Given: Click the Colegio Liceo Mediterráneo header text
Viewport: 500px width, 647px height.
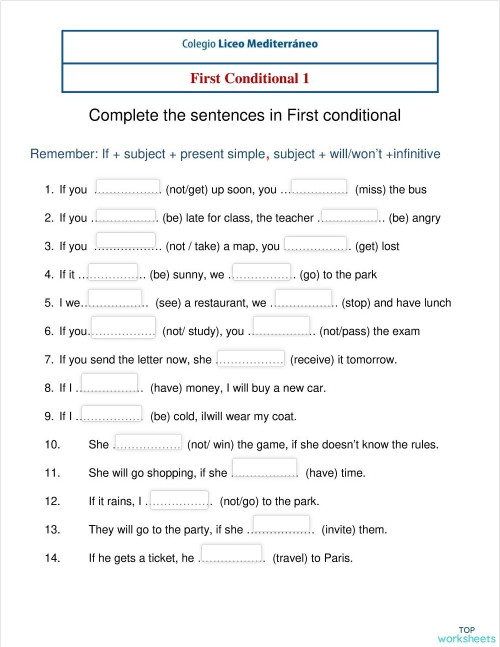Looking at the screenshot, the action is click(x=250, y=45).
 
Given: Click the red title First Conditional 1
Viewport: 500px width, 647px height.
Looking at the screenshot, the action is click(x=250, y=77).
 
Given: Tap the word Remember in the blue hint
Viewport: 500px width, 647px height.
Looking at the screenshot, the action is click(x=62, y=154).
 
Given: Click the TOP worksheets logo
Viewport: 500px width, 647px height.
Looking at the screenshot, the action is click(x=466, y=631).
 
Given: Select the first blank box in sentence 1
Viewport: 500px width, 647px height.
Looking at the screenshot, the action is click(x=126, y=186).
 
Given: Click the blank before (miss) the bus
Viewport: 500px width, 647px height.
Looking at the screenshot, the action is click(x=316, y=186).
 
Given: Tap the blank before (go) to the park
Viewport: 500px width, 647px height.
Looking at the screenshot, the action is click(x=262, y=270).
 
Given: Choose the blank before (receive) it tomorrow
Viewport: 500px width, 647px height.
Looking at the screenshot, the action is click(x=251, y=355).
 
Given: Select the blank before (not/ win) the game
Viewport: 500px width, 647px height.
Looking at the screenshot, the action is click(x=148, y=440).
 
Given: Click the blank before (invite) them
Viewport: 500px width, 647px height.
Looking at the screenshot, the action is click(x=283, y=525).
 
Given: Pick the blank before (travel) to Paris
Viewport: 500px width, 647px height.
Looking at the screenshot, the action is click(x=231, y=554).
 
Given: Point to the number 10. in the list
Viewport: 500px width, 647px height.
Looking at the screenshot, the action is click(x=53, y=445).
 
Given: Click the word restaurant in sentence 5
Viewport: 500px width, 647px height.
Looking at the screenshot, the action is click(x=211, y=303).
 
